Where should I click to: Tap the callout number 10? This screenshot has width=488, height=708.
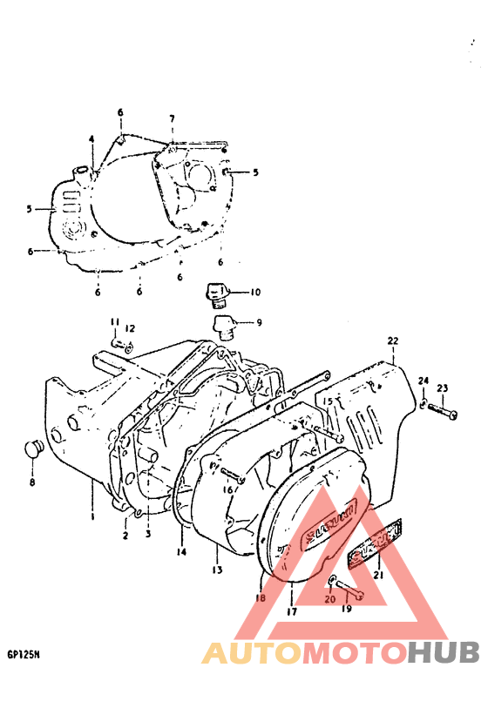point(255,292)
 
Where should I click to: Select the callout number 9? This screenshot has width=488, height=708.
point(258,323)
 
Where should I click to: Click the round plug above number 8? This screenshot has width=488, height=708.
point(32,451)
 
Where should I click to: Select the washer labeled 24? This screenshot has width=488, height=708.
point(423,403)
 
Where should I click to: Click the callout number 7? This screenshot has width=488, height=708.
point(172,118)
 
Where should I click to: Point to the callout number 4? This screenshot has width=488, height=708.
point(91,139)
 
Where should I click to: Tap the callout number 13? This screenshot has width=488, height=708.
point(217,570)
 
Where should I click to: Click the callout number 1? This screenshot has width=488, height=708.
point(92,517)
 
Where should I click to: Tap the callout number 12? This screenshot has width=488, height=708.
point(129,328)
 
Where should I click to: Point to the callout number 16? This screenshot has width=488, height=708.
point(228,490)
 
